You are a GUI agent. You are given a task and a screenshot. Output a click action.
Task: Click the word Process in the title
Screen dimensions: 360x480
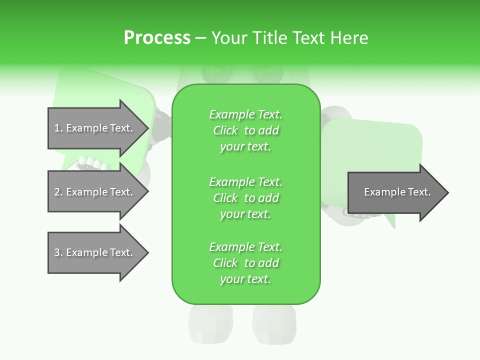(x=157, y=38)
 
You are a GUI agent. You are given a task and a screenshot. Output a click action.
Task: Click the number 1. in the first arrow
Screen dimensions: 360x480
(x=58, y=128)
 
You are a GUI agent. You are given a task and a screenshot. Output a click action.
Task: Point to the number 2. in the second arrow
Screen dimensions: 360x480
(x=58, y=192)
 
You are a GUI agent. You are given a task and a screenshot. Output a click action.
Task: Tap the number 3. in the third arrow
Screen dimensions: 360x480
(x=58, y=252)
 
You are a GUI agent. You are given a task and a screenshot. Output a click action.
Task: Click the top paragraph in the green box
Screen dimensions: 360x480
(x=245, y=130)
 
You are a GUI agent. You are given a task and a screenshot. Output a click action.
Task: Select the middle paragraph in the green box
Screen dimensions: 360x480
(x=245, y=198)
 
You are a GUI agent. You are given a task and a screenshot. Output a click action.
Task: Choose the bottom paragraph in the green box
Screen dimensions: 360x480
(x=245, y=263)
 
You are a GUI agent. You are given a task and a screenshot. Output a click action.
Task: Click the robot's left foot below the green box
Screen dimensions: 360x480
(x=203, y=325)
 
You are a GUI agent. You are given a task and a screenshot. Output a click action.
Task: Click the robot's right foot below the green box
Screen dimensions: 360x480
(x=274, y=325)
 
